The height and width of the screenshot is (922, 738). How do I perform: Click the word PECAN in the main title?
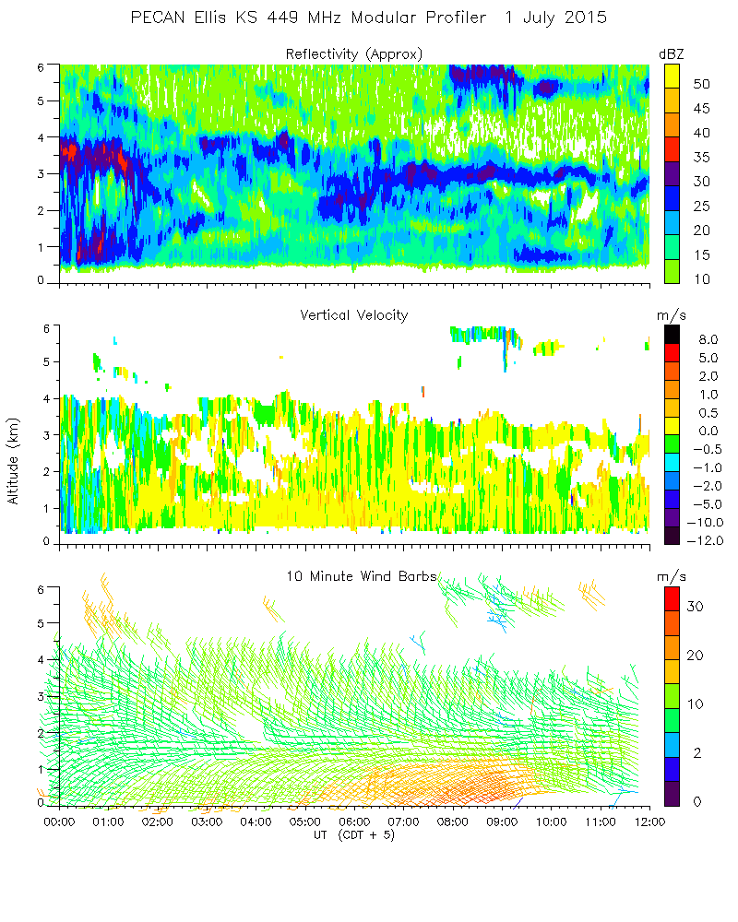156,18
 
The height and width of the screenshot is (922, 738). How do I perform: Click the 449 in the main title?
270,18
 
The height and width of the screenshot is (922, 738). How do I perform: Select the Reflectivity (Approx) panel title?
354,54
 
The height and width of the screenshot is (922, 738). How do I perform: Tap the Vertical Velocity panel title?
354,315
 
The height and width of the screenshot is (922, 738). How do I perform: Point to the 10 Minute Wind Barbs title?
360,576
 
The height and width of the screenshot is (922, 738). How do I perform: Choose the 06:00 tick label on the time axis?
354,822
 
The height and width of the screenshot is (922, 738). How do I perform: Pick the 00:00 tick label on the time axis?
59,822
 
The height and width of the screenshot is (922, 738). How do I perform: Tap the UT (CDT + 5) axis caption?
354,835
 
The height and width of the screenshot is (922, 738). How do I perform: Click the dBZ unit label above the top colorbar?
672,54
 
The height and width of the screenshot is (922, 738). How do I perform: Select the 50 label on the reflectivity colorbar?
700,84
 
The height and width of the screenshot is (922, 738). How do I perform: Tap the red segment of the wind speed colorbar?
673,603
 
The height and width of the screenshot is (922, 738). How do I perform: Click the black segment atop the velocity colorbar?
673,335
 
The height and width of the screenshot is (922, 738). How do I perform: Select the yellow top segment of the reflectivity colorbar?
673,75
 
